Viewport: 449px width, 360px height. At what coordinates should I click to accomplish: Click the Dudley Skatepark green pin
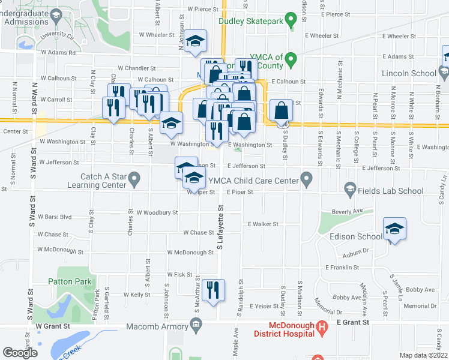[x=291, y=21]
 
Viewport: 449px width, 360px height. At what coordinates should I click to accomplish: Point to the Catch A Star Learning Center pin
[x=134, y=178]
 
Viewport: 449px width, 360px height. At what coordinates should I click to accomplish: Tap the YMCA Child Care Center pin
[x=307, y=178]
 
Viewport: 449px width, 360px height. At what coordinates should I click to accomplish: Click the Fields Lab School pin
[x=349, y=190]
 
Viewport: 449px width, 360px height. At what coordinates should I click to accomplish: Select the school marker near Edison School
[x=394, y=229]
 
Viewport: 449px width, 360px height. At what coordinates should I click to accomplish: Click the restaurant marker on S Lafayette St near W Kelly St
[x=213, y=290]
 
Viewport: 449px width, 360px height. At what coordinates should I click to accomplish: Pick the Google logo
[x=20, y=352]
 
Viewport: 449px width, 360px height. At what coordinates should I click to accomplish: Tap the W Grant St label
[x=53, y=326]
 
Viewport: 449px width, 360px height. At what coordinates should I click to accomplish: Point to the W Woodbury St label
[x=157, y=212]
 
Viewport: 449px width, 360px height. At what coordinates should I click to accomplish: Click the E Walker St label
[x=264, y=224]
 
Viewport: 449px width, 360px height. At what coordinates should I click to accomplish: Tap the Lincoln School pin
[x=444, y=73]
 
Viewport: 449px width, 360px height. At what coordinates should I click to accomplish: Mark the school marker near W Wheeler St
[x=195, y=41]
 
